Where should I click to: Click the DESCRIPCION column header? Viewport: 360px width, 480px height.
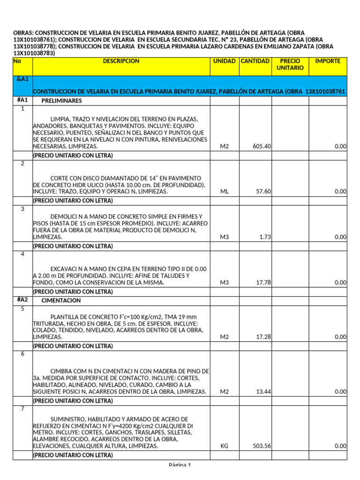[121, 61]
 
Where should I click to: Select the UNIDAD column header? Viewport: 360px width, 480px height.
[224, 61]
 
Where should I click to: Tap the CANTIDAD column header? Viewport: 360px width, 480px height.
[255, 61]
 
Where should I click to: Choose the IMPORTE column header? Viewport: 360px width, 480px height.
[328, 61]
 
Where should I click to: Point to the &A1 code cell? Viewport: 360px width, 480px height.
[22, 80]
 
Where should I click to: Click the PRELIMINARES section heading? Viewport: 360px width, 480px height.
[61, 101]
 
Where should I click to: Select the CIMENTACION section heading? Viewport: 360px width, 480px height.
[61, 300]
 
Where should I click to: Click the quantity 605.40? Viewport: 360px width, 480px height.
[262, 147]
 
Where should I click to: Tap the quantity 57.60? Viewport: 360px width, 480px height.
[264, 192]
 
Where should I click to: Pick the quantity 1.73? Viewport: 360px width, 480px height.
[265, 237]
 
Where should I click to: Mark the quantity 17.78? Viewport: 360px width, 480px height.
[264, 283]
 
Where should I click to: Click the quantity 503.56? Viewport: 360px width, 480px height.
[262, 446]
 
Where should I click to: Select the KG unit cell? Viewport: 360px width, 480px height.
[224, 446]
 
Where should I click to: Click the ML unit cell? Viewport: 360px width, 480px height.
[224, 192]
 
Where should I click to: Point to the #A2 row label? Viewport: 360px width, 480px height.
[22, 300]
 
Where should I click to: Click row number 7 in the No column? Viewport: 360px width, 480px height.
[22, 409]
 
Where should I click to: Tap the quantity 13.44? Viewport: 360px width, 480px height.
[264, 392]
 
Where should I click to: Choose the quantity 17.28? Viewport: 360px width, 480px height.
[264, 337]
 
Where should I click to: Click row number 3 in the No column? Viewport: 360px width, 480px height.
[22, 209]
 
